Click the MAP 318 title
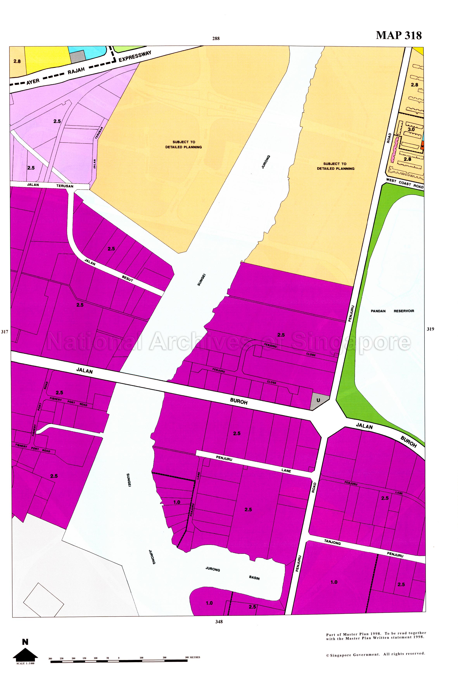398,35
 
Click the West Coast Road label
404,183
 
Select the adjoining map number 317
4,332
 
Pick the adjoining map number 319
430,329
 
